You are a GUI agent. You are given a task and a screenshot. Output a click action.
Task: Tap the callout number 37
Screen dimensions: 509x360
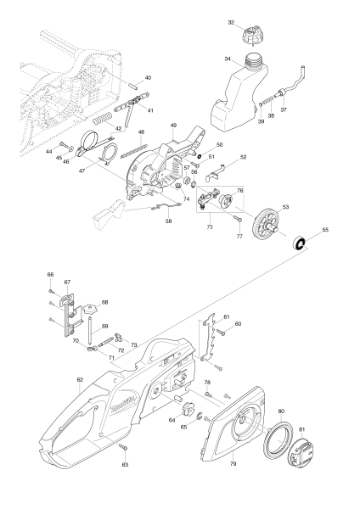pos(284,110)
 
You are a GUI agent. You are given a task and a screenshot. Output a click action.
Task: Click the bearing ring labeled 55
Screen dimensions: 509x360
pos(300,244)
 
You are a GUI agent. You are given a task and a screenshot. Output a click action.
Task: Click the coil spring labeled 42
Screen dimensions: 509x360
pos(102,117)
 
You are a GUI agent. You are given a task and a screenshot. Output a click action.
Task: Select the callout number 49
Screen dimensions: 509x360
pos(172,126)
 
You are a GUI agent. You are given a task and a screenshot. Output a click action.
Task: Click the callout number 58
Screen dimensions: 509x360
pos(168,221)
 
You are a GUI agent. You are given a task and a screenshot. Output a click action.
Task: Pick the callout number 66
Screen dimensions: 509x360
pos(50,274)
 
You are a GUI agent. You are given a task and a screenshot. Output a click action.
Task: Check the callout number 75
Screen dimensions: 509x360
pos(210,227)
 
